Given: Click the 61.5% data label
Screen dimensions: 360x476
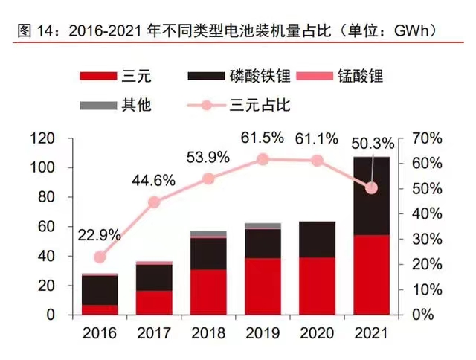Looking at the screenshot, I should [261, 138].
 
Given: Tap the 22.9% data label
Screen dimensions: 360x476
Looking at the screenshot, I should [99, 235].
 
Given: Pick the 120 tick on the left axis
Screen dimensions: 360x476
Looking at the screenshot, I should [43, 139].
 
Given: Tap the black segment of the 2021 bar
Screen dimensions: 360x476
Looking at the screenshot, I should [370, 196].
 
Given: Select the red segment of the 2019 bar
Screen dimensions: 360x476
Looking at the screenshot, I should [262, 286].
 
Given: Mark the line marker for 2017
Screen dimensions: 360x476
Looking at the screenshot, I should [154, 202].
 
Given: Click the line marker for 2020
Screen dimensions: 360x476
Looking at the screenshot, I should [317, 161].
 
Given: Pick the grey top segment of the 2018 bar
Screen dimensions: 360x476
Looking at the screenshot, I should [208, 234].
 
